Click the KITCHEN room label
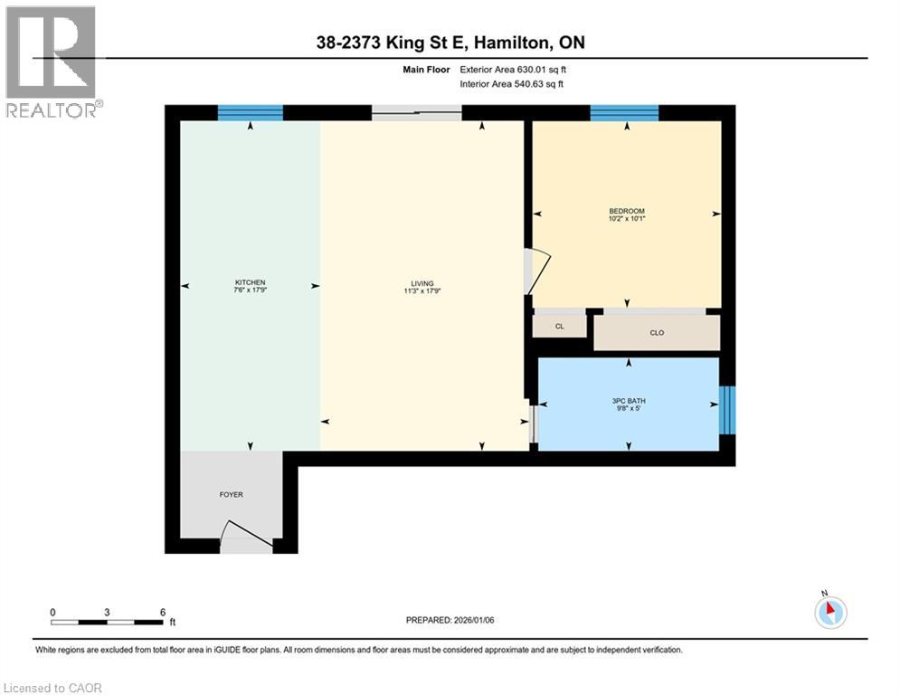click(x=250, y=281)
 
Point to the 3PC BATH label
click(x=628, y=401)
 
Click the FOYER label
click(x=232, y=494)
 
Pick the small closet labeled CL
click(x=559, y=326)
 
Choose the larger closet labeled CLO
click(x=657, y=333)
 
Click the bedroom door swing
click(x=537, y=271)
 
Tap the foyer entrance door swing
click(x=244, y=537)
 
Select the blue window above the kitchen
click(x=250, y=113)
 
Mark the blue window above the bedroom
click(x=624, y=113)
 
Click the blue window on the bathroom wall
click(x=727, y=410)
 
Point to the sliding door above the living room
click(x=417, y=113)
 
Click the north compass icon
click(x=829, y=613)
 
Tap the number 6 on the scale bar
click(x=162, y=613)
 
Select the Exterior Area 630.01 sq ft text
click(x=513, y=69)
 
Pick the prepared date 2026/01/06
click(x=450, y=620)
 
